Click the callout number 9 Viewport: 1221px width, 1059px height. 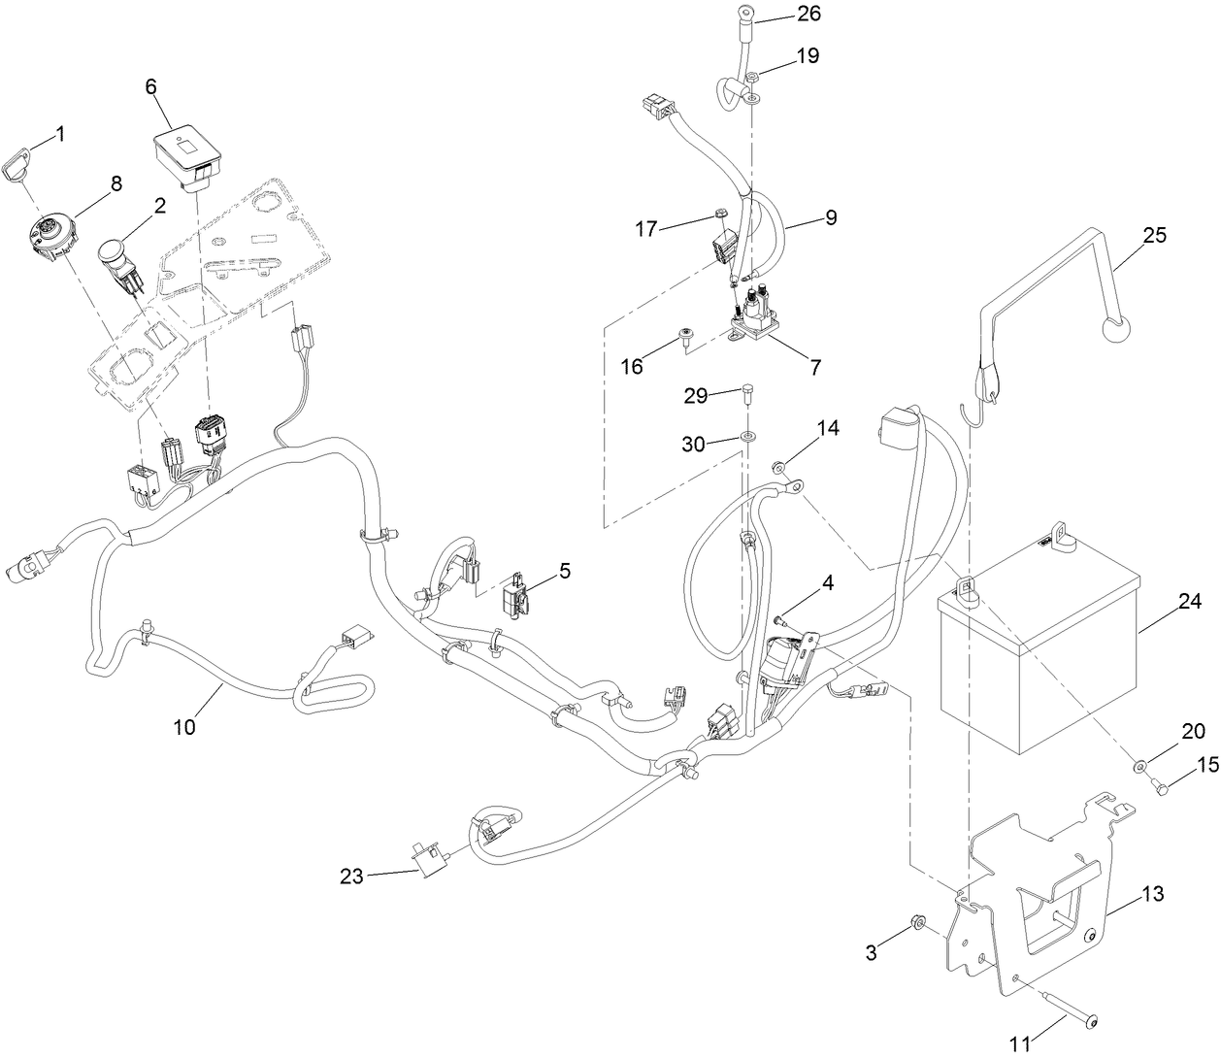pyautogui.click(x=831, y=218)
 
